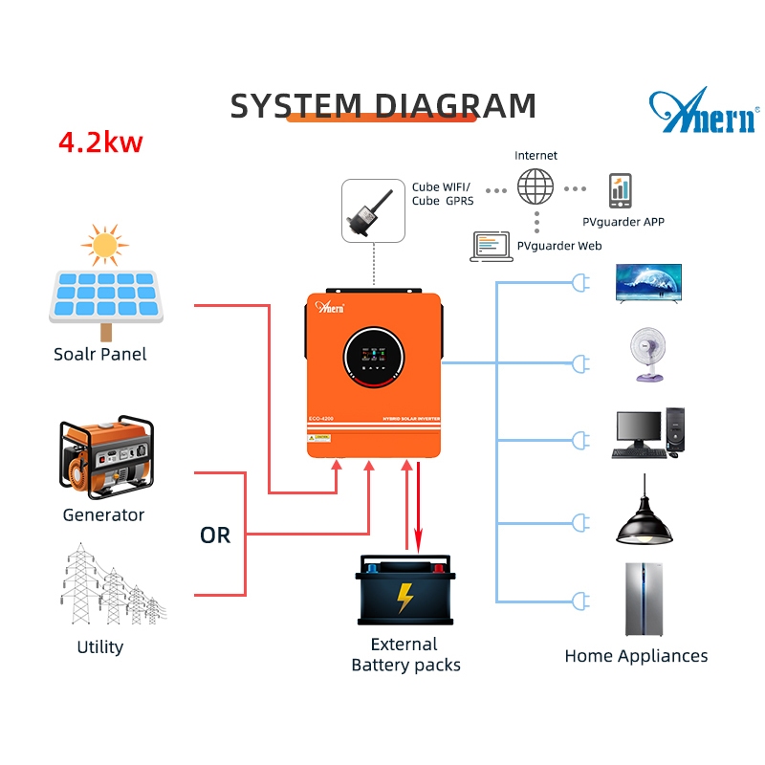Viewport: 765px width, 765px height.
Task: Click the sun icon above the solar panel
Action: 104,245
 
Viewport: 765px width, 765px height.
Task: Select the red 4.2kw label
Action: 100,142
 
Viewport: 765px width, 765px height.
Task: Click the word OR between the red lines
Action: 215,535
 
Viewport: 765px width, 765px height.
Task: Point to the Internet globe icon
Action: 535,186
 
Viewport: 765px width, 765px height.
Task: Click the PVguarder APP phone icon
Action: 621,191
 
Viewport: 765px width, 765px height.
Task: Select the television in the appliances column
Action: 648,282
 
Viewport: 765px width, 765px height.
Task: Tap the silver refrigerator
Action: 645,600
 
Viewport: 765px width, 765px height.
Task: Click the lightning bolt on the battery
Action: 405,598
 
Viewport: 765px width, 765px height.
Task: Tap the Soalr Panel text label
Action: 100,354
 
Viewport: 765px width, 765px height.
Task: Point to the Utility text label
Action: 100,647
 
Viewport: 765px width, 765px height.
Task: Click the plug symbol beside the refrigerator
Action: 578,601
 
